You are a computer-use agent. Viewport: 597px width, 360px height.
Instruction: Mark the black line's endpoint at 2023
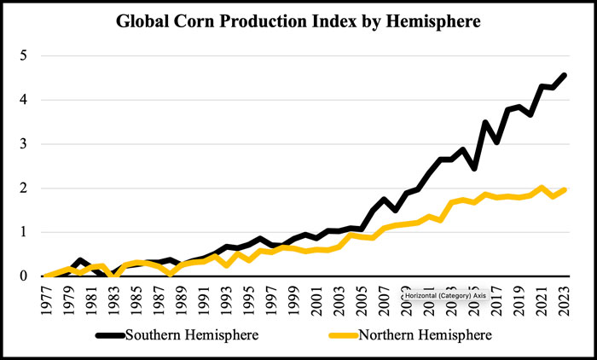click(565, 75)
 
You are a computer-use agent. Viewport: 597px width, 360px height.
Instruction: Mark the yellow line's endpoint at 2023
click(565, 189)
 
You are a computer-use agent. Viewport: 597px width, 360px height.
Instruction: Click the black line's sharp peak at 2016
click(486, 123)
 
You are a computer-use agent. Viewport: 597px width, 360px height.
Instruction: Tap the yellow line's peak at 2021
click(542, 188)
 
